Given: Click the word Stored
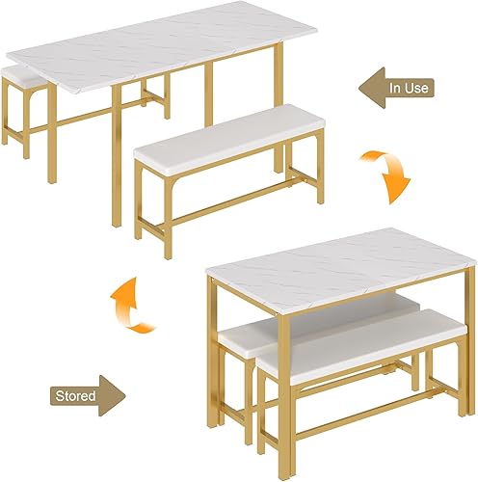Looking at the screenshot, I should (74, 393).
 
